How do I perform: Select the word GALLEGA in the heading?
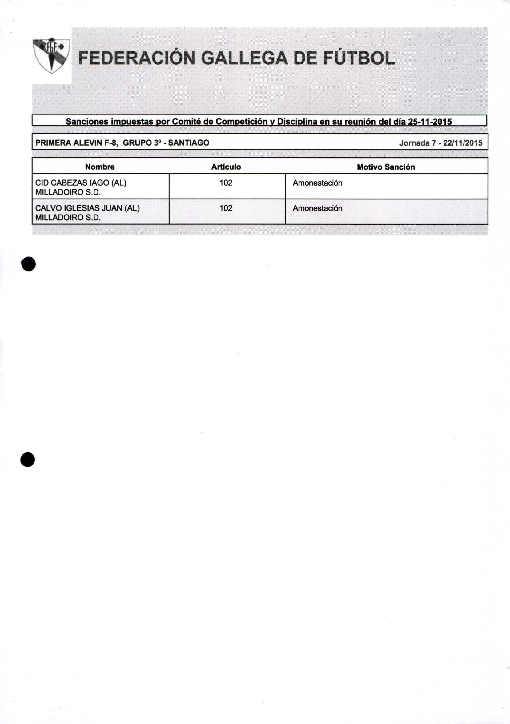(244, 59)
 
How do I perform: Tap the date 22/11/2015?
(462, 143)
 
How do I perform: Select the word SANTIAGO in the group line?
(188, 143)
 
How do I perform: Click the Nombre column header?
(100, 167)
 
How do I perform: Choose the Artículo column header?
(226, 167)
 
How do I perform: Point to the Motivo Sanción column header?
(386, 167)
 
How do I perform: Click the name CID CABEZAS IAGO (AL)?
(81, 183)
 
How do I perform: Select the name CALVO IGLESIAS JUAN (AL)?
(87, 208)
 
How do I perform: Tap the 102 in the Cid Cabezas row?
(226, 183)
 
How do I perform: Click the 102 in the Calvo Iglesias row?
(226, 208)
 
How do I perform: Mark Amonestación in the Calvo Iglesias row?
(317, 208)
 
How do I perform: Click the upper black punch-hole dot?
(28, 264)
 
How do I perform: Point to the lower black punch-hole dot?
(28, 460)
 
